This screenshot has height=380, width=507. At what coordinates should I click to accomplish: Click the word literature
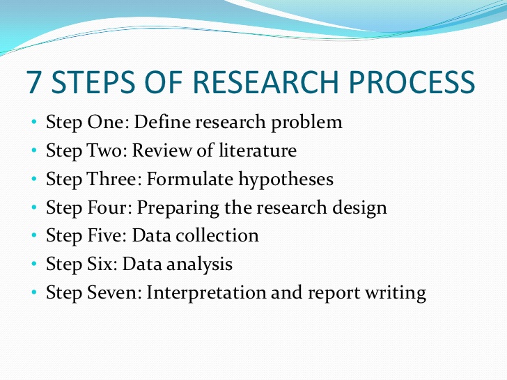[261, 151]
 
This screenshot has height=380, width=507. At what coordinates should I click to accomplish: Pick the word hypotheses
[286, 180]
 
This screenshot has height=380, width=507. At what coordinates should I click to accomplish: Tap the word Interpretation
[205, 293]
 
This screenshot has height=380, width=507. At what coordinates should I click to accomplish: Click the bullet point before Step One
[34, 123]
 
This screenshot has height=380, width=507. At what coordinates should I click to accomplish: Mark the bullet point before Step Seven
[34, 293]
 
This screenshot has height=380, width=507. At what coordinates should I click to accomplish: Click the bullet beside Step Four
[34, 208]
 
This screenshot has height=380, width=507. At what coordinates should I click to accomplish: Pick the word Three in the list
[114, 180]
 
